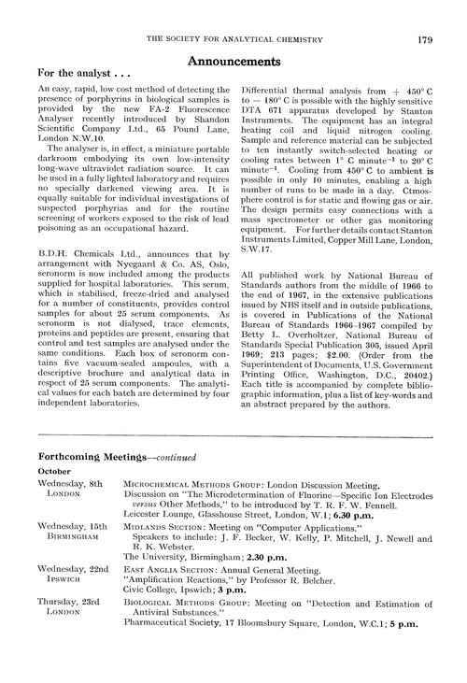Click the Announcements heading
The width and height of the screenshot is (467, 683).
(233, 58)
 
